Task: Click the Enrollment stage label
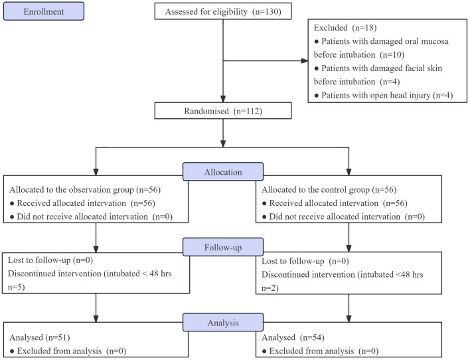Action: [44, 11]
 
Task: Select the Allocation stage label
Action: [223, 172]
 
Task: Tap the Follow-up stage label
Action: [223, 247]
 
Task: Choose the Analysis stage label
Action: [223, 323]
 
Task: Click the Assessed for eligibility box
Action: [223, 11]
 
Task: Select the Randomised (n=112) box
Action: [223, 111]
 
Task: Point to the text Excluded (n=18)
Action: [345, 28]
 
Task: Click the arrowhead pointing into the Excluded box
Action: [305, 61]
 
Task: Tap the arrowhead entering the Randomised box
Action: [223, 99]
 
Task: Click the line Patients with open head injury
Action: [384, 95]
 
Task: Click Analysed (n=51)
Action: [40, 337]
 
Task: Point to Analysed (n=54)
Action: [293, 337]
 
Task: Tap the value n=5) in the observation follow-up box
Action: [16, 287]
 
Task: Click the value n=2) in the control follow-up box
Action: [270, 288]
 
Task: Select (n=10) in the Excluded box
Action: [392, 54]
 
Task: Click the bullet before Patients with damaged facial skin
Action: [316, 68]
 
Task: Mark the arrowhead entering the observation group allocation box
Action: [96, 172]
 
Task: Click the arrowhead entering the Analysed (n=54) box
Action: [349, 319]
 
